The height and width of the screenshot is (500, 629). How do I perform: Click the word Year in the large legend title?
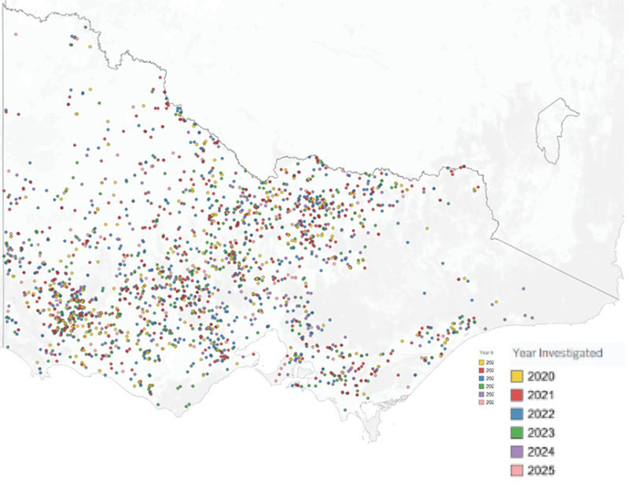[x=527, y=353]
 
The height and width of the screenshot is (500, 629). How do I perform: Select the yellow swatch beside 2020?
[x=517, y=377]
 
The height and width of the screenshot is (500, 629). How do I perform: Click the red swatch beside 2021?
[x=517, y=395]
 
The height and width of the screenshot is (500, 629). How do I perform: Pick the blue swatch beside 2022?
[x=517, y=414]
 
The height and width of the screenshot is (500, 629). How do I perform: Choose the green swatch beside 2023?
[x=517, y=432]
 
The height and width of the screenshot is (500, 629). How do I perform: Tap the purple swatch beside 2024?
[x=517, y=451]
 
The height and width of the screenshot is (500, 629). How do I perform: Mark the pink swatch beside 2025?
[x=517, y=470]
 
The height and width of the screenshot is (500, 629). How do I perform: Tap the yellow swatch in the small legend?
[x=480, y=362]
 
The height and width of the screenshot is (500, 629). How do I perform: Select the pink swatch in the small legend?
[x=480, y=402]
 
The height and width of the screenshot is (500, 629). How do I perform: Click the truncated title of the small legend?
[x=486, y=354]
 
